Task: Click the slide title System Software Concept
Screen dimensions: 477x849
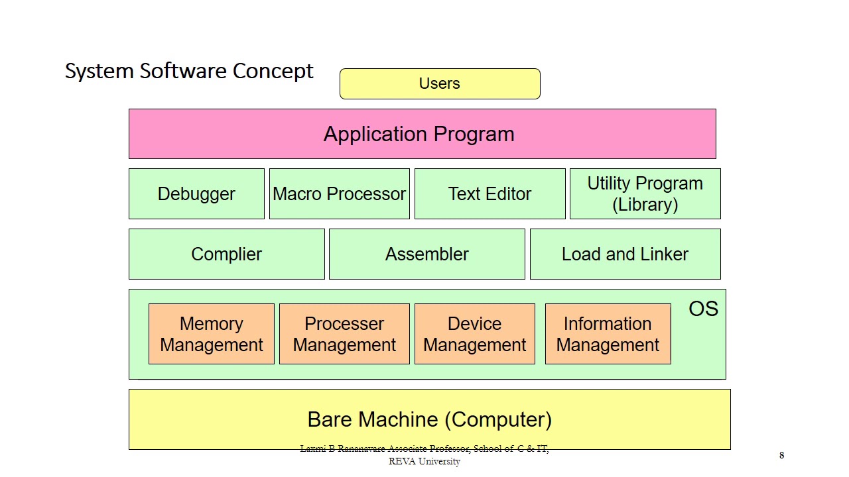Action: point(189,71)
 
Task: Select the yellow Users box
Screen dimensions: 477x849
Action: point(440,83)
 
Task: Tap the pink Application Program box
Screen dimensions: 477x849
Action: point(422,134)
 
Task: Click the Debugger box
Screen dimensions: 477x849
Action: point(196,193)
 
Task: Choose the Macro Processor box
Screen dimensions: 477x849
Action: point(339,193)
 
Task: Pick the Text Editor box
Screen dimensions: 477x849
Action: point(490,193)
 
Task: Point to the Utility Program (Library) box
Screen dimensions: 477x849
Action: point(645,193)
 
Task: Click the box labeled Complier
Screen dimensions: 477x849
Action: point(226,254)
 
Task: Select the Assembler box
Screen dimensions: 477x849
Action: point(426,254)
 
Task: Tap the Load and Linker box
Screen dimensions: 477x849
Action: point(625,254)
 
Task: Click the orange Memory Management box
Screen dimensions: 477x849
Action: point(211,334)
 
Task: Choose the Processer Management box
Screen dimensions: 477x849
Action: point(344,334)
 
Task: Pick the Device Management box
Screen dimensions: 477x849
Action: point(474,334)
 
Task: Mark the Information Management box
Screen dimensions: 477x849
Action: point(608,334)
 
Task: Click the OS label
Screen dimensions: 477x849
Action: point(703,309)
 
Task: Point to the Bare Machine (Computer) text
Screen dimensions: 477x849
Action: point(429,419)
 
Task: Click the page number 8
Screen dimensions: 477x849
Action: point(781,455)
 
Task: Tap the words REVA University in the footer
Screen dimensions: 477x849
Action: point(424,462)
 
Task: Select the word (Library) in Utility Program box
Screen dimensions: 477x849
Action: point(645,205)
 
